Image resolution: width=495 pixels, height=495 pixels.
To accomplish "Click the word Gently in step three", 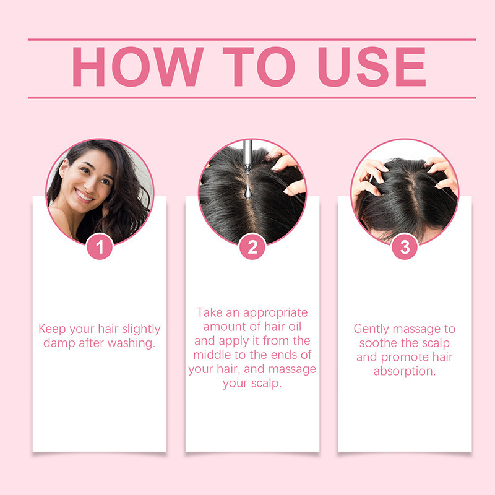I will (x=373, y=329).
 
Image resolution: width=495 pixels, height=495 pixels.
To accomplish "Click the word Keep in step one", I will (x=51, y=329).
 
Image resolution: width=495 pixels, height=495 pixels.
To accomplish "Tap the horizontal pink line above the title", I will (x=252, y=39).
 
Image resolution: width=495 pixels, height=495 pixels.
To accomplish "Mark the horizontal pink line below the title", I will (x=252, y=97).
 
